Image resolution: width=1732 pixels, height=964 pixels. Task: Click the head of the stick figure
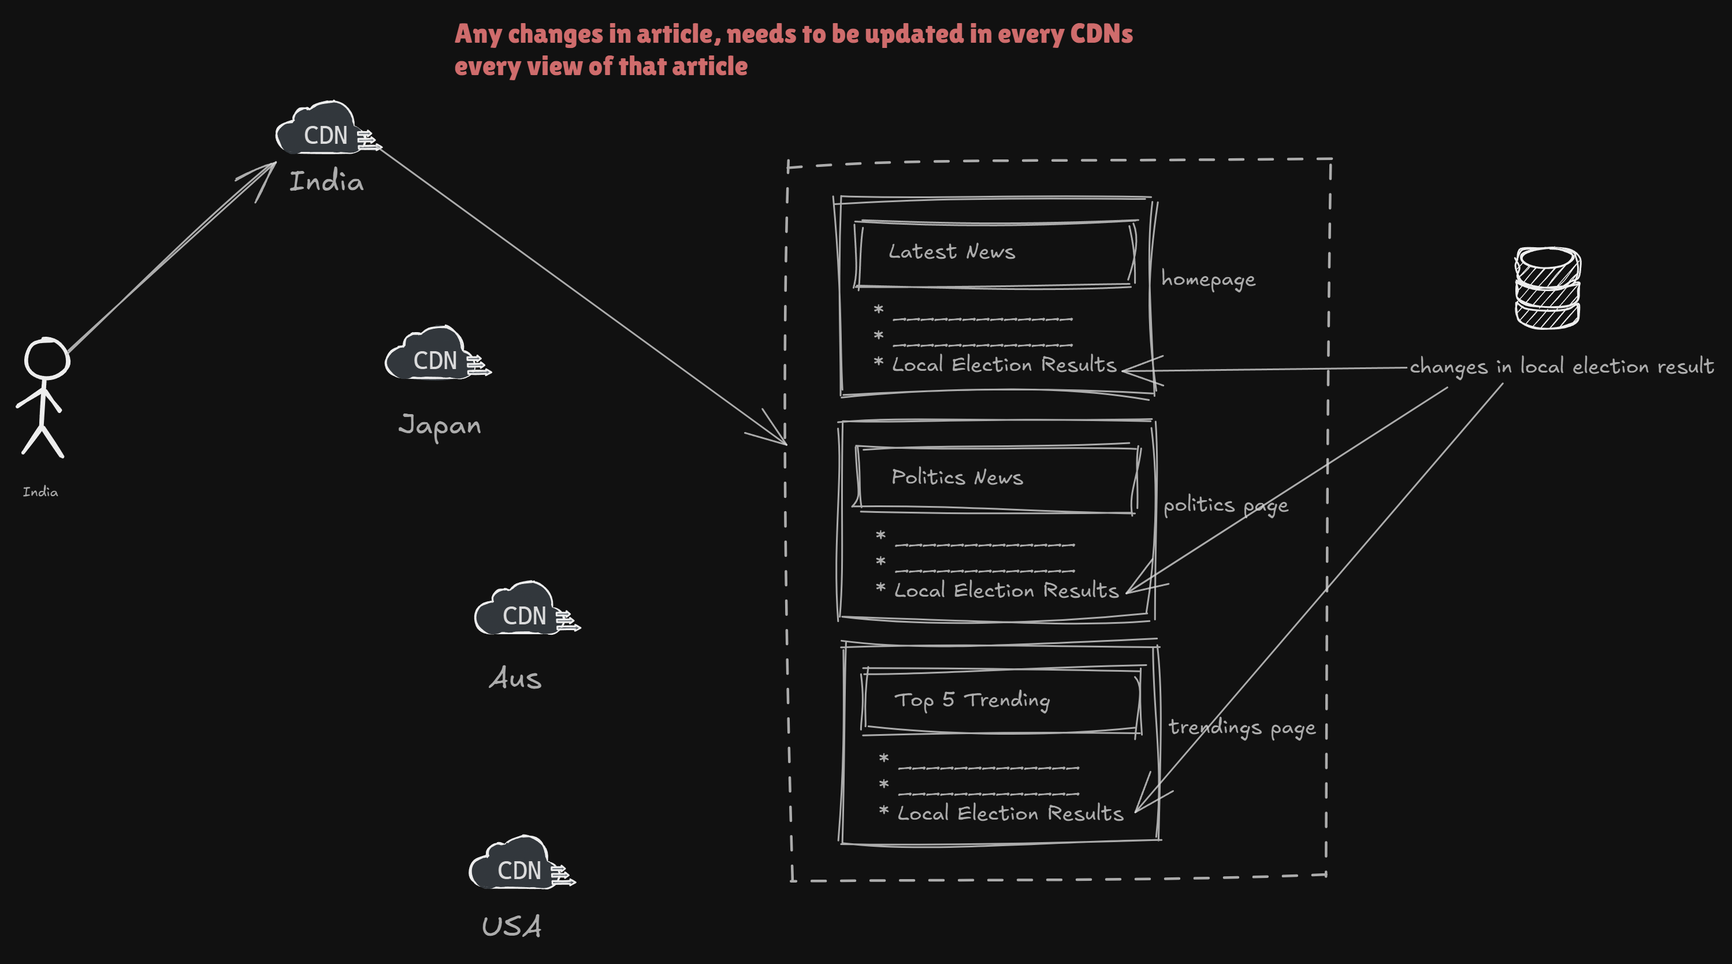point(46,359)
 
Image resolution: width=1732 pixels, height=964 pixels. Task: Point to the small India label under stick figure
point(40,492)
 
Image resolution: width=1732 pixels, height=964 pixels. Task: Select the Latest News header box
point(995,254)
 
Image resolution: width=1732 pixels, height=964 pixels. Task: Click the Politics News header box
point(997,479)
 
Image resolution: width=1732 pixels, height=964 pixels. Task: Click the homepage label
point(1207,279)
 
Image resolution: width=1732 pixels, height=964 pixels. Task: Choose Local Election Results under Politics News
point(1006,590)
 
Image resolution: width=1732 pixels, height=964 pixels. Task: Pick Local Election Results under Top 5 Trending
point(1010,813)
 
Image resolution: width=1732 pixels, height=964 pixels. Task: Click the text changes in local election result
point(1561,366)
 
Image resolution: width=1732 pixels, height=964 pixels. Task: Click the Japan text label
point(440,426)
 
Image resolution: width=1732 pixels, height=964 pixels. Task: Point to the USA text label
point(511,926)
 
